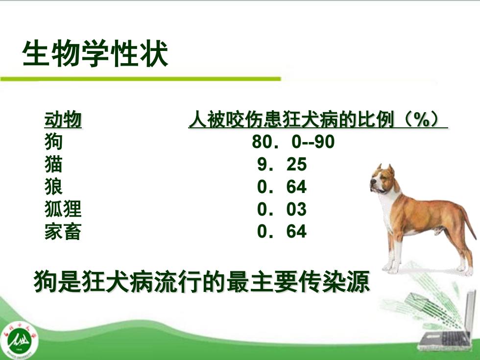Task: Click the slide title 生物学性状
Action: click(95, 53)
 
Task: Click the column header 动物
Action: click(63, 120)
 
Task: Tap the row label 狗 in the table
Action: click(53, 142)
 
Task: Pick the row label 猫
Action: click(53, 164)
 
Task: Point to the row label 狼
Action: click(53, 187)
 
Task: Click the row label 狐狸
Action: click(63, 209)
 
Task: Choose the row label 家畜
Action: click(63, 231)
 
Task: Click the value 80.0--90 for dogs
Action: click(293, 142)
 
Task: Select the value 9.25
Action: click(282, 164)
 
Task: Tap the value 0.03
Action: click(282, 209)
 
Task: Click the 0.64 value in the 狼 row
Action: click(282, 187)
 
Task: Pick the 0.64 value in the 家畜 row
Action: click(282, 231)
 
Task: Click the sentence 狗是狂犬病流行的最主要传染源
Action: click(202, 281)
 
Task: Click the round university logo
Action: click(19, 339)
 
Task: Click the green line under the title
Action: click(141, 79)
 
